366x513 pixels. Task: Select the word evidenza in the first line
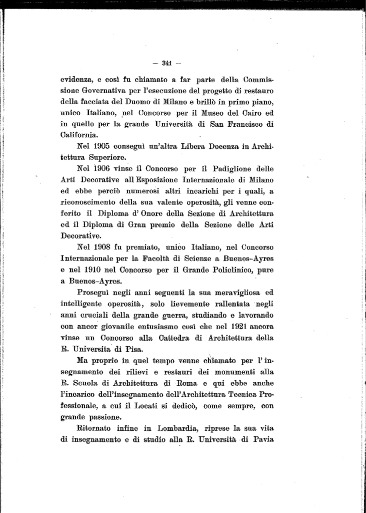click(x=76, y=80)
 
